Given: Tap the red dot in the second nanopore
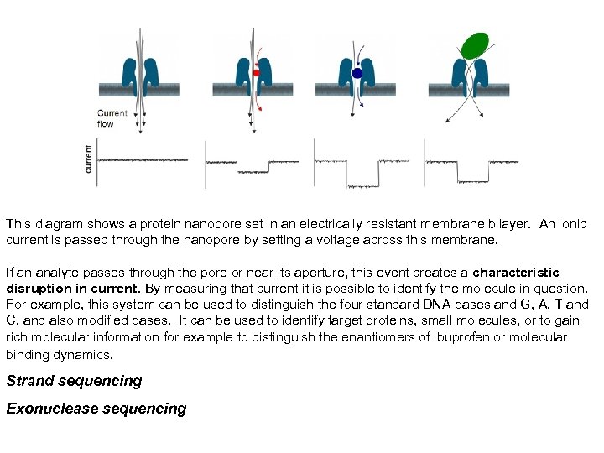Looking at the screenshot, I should (x=257, y=73).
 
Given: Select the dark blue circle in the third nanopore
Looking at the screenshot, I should (x=357, y=74).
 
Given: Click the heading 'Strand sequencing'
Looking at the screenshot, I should (x=74, y=381).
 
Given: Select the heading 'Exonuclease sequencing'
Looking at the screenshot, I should (x=96, y=409).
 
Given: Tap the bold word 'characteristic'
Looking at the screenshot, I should (x=516, y=273).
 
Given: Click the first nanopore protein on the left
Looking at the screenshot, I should (x=141, y=75).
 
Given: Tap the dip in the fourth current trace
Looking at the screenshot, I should (x=474, y=180).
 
